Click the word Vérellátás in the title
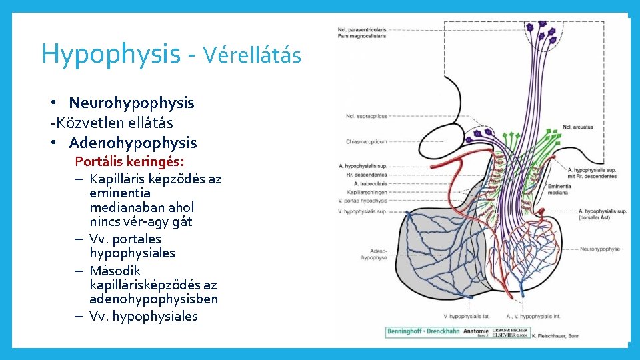click(253, 54)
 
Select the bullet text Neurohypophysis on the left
click(131, 103)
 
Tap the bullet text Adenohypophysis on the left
click(133, 143)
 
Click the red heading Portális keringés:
click(129, 161)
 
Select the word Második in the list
click(115, 271)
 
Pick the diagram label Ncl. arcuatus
click(578, 127)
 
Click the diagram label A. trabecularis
click(371, 183)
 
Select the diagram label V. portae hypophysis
click(363, 201)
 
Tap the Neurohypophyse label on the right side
click(600, 249)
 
